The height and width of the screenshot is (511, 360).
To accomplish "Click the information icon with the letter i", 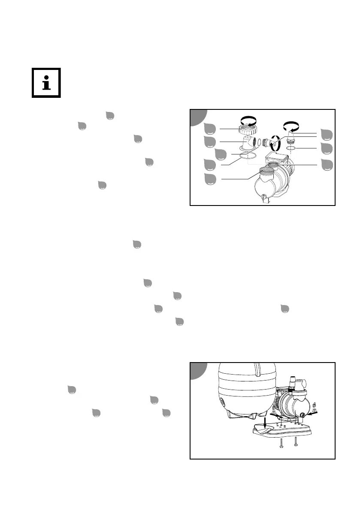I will coord(46,82).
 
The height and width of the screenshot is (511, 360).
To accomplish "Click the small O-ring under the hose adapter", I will coord(292,148).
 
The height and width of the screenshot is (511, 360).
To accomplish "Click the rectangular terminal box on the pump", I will coord(275,157).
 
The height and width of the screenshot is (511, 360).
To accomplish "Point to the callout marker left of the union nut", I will coord(210,128).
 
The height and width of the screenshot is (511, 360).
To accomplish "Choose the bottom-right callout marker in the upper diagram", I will coord(328,164).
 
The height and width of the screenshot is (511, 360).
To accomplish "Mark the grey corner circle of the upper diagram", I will coord(198,117).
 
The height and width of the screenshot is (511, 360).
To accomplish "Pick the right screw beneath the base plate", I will coord(296,443).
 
